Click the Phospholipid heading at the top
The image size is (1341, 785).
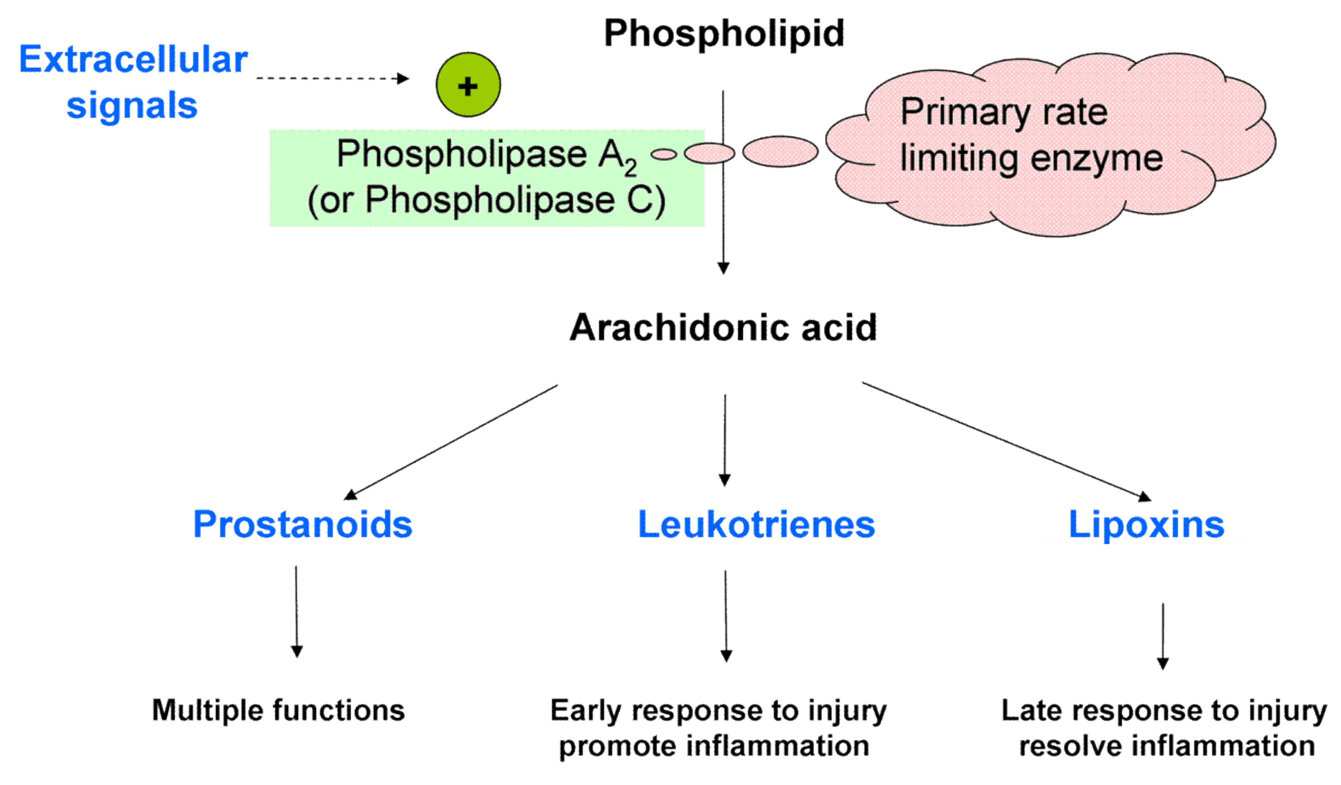point(724,33)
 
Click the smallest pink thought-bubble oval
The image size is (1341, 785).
point(664,154)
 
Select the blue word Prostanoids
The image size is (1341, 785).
point(302,524)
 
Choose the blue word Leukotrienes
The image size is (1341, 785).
point(756,524)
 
